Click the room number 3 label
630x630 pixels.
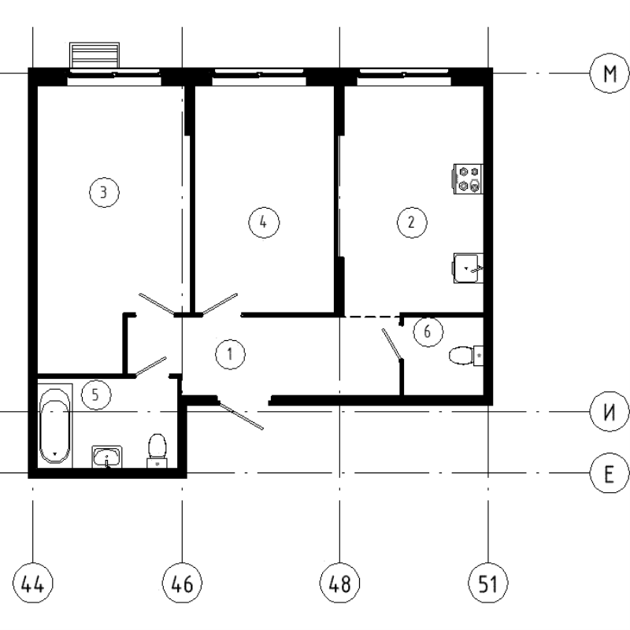click(104, 191)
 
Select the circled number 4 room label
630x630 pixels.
click(264, 222)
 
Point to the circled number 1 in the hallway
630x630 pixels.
click(230, 354)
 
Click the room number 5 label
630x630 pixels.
click(95, 395)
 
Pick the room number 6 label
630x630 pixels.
click(428, 332)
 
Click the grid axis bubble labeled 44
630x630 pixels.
click(33, 584)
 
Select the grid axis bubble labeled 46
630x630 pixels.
click(182, 584)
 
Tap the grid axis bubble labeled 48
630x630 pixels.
click(339, 584)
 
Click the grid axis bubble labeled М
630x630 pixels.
click(609, 74)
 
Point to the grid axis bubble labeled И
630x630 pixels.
click(609, 411)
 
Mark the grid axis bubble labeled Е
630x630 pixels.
click(609, 473)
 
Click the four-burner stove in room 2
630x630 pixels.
click(469, 179)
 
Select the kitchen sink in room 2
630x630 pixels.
click(469, 268)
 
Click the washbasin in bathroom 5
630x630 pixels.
click(107, 457)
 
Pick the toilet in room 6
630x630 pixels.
click(465, 356)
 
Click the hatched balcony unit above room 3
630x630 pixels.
click(95, 56)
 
